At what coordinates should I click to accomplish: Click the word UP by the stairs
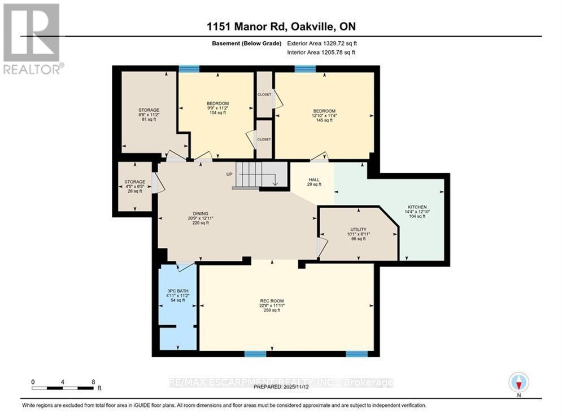(229, 174)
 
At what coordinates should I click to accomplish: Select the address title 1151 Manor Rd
(281, 26)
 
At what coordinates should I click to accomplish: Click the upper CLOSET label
(264, 94)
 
